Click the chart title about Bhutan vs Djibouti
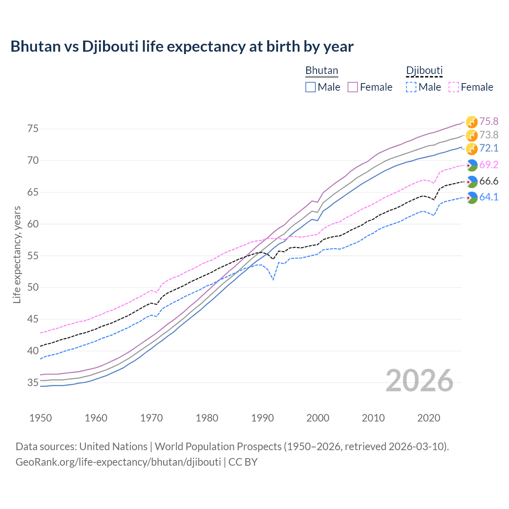(182, 47)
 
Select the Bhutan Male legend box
(311, 87)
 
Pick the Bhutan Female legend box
(353, 87)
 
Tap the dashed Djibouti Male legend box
(411, 87)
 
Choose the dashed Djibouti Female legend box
(454, 87)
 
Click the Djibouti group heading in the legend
(424, 71)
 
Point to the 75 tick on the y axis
(33, 129)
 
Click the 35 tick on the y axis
(33, 383)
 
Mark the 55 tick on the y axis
(33, 256)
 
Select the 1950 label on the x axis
(41, 418)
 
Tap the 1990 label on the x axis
(262, 418)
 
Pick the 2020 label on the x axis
(429, 418)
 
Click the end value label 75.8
(489, 121)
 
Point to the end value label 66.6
(489, 181)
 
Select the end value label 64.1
(489, 197)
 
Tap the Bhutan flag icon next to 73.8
(472, 135)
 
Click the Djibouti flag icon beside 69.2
(472, 165)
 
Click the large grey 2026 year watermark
(420, 381)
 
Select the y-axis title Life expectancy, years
(17, 254)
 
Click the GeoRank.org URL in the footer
(118, 462)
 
